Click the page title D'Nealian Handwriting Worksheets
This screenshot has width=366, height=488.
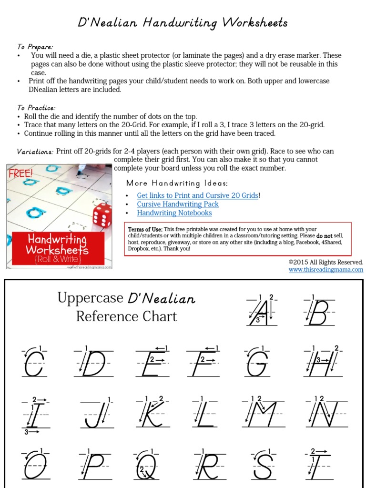(x=183, y=22)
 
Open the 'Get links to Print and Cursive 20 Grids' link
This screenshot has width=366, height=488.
(x=198, y=195)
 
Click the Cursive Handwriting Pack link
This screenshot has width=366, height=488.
(x=178, y=204)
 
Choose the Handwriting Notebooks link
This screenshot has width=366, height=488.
(x=174, y=213)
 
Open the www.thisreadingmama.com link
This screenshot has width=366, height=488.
(x=325, y=270)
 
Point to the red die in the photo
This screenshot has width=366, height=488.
(x=102, y=215)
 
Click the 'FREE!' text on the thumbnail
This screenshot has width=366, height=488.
(x=21, y=173)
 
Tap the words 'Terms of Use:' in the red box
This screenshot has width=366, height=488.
(x=145, y=230)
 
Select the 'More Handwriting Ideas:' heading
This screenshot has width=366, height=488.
(x=177, y=183)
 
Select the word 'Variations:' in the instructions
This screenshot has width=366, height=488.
(x=35, y=152)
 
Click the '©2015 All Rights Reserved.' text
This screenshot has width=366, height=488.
(x=325, y=262)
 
